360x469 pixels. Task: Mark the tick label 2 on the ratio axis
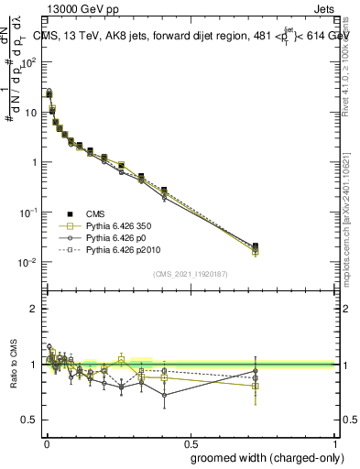click(35, 309)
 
